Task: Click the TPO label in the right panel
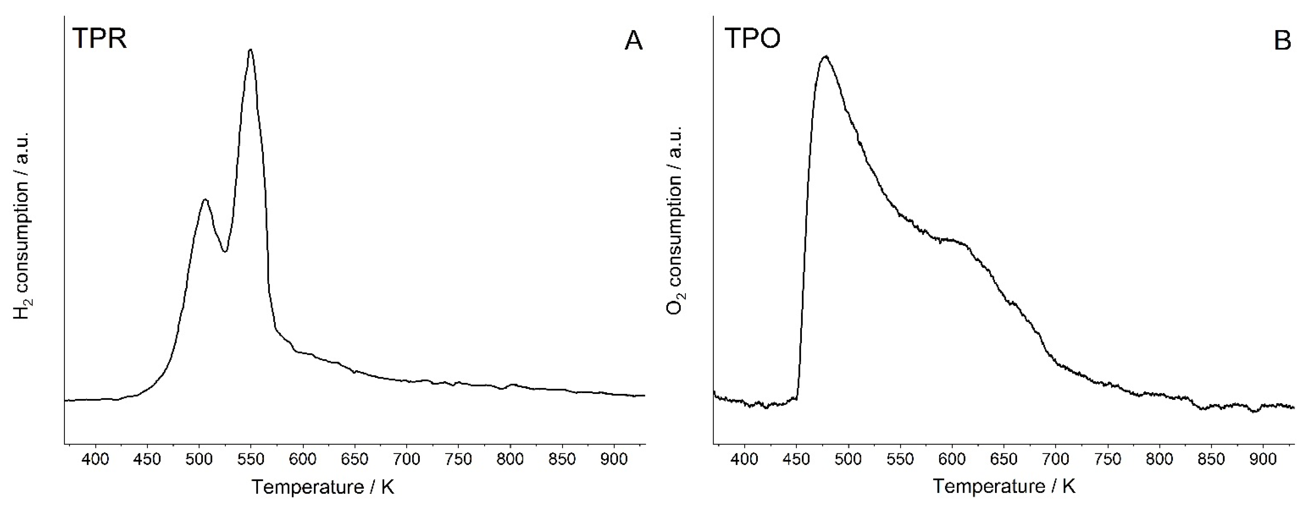coord(752,38)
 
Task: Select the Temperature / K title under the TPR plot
coord(323,487)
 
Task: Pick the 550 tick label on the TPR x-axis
coord(251,459)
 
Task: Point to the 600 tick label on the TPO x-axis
coord(952,459)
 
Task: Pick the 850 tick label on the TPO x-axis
coord(1211,459)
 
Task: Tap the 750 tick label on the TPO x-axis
coord(1108,459)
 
